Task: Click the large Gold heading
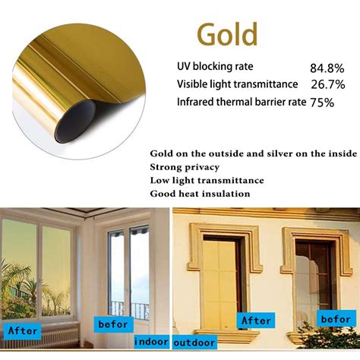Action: click(227, 34)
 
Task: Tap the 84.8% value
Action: click(327, 68)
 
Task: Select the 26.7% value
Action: click(328, 84)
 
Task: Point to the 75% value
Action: click(322, 103)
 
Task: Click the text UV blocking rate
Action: click(215, 67)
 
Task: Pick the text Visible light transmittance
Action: click(237, 84)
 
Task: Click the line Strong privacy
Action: click(185, 167)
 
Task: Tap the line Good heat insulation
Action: click(200, 194)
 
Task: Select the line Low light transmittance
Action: click(207, 181)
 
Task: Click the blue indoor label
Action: click(151, 342)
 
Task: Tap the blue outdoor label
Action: click(194, 343)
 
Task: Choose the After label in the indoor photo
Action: click(22, 330)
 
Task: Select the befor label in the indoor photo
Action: click(113, 324)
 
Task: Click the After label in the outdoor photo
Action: click(256, 321)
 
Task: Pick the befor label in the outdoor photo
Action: click(336, 319)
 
